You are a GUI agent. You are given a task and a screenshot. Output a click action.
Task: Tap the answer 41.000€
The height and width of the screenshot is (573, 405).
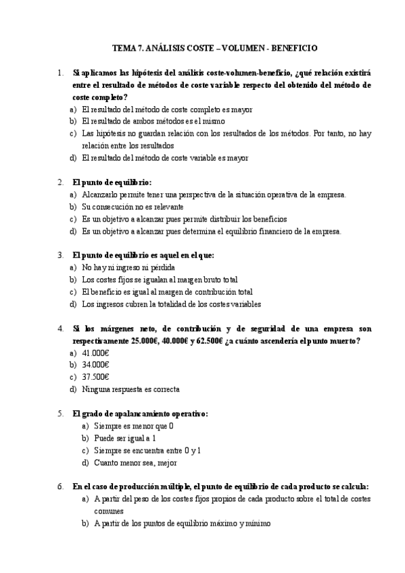[x=96, y=353]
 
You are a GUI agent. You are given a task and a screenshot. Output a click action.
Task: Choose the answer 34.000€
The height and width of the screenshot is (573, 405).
[x=96, y=365]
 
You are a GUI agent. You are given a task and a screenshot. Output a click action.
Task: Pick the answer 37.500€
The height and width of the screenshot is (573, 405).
[x=96, y=377]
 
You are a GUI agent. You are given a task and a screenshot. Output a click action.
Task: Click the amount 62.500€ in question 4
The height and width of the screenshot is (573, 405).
[x=206, y=341]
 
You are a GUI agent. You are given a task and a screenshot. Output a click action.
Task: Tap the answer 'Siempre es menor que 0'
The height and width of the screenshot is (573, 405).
[x=134, y=426]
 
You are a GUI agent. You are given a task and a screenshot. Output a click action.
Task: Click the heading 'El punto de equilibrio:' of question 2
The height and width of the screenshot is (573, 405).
[x=112, y=182]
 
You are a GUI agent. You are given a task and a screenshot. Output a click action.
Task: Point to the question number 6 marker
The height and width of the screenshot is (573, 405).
[x=60, y=487]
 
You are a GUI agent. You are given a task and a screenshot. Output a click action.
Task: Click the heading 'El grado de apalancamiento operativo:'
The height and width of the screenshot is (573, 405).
[x=141, y=414]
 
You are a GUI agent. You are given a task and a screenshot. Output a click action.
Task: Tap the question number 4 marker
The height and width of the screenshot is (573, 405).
[x=60, y=328]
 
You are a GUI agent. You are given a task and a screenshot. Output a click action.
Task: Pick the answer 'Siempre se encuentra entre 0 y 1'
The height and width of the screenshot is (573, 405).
[x=147, y=450]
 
